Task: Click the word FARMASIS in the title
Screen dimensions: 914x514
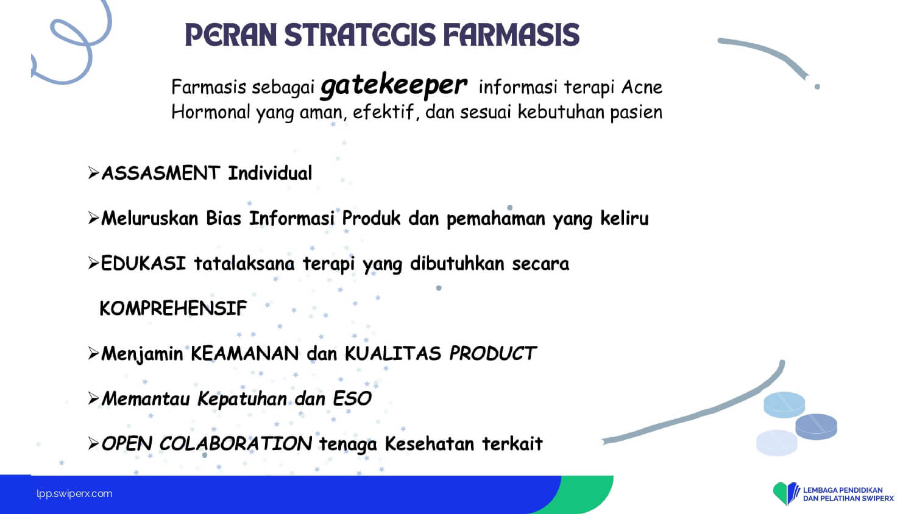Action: [511, 35]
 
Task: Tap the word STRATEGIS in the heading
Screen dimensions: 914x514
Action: [360, 35]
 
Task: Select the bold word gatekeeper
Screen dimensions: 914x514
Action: [394, 86]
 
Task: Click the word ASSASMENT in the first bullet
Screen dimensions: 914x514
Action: [161, 173]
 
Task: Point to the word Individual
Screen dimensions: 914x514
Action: [270, 173]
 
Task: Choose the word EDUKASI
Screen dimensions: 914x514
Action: [143, 263]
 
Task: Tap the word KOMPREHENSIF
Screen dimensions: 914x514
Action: [174, 308]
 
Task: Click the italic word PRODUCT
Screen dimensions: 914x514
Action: [493, 353]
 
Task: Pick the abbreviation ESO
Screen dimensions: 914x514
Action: [352, 398]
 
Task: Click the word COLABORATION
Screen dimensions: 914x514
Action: [236, 443]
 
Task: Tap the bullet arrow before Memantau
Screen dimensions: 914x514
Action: [93, 398]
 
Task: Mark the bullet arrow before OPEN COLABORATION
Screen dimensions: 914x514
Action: [93, 443]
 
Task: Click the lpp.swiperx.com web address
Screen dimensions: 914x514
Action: [74, 494]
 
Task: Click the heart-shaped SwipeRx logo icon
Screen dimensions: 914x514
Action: [786, 493]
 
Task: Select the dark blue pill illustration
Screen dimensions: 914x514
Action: [816, 427]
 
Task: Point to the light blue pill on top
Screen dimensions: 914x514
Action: [784, 404]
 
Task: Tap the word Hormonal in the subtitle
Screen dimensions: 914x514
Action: [211, 112]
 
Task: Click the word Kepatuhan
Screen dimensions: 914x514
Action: [243, 399]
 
